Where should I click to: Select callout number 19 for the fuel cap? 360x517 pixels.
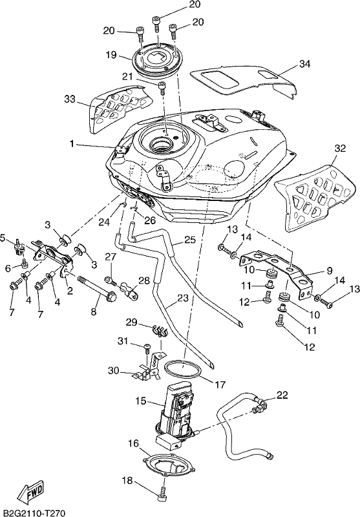pyautogui.click(x=111, y=54)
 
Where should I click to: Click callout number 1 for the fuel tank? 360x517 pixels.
pyautogui.click(x=72, y=143)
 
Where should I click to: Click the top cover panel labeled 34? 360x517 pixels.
pyautogui.click(x=244, y=81)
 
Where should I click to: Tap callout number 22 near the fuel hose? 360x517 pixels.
pyautogui.click(x=282, y=395)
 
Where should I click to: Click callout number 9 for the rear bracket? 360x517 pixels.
pyautogui.click(x=330, y=271)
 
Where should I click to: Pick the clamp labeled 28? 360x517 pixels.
pyautogui.click(x=129, y=290)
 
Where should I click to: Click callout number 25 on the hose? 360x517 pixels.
pyautogui.click(x=190, y=240)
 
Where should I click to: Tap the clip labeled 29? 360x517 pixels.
pyautogui.click(x=160, y=331)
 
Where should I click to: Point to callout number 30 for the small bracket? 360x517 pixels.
pyautogui.click(x=114, y=370)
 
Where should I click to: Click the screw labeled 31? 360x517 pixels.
pyautogui.click(x=147, y=348)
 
